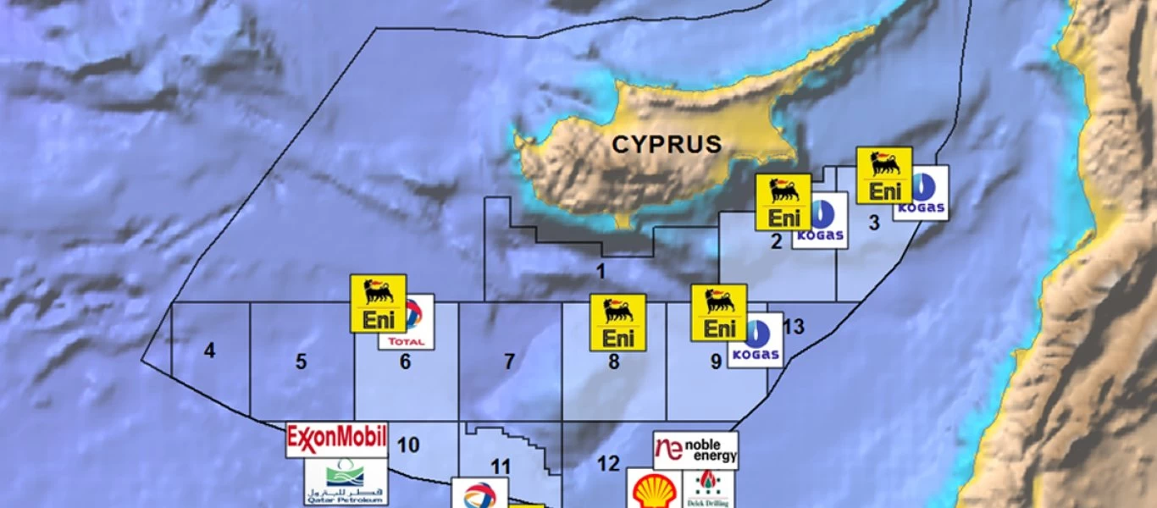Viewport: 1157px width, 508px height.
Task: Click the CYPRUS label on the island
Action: pos(667,144)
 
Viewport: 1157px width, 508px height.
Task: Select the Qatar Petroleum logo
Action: pos(345,482)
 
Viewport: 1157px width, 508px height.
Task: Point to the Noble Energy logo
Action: pos(695,450)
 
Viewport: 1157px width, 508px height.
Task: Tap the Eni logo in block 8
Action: pos(617,323)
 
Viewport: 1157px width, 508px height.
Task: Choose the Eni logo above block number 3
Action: pos(884,175)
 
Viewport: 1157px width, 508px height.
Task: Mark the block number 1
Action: pos(601,272)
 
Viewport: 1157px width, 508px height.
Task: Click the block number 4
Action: pos(209,350)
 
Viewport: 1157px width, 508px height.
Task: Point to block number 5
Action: pos(301,362)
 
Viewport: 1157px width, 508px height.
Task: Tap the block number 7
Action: pos(509,362)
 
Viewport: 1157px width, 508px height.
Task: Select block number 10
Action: pos(407,444)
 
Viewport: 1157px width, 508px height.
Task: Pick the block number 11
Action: pos(501,467)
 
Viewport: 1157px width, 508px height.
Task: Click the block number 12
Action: pos(608,464)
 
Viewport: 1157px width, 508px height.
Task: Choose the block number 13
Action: pos(794,327)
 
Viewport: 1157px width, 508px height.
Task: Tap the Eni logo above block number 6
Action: pos(379,303)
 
